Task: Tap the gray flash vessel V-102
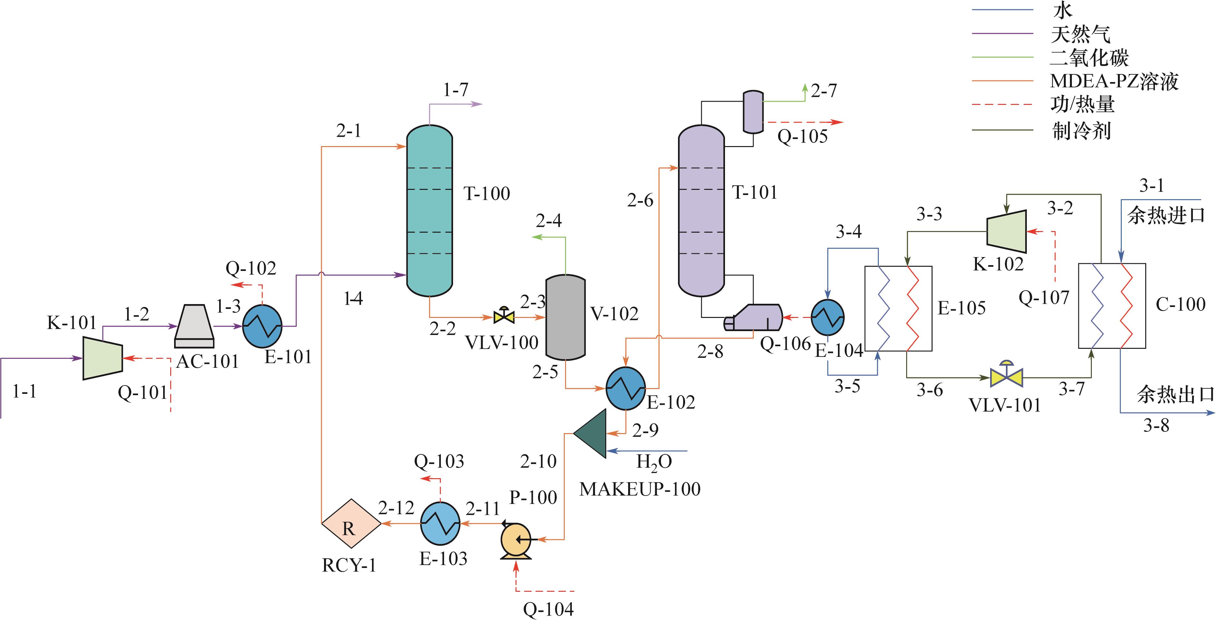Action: [565, 317]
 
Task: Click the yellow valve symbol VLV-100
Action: [504, 316]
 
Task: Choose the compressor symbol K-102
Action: [1006, 231]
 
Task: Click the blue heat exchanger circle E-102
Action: [626, 388]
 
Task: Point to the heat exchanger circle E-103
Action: [440, 523]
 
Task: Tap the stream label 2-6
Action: [640, 201]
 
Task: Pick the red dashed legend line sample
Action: [1002, 104]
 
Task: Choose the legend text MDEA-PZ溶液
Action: [1114, 81]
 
